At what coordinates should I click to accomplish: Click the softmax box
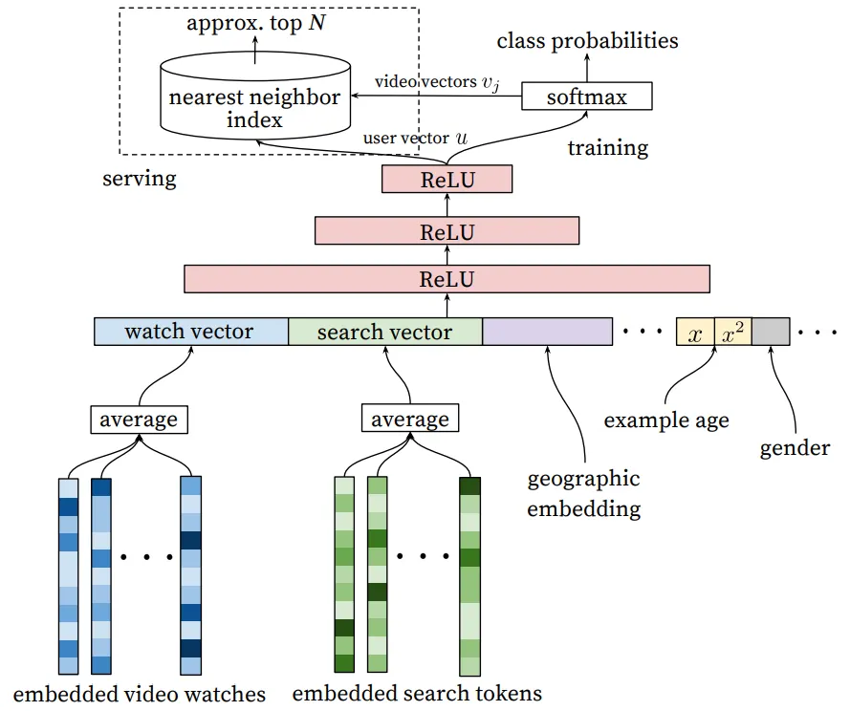pyautogui.click(x=587, y=97)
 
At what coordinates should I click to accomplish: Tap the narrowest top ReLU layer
pyautogui.click(x=447, y=179)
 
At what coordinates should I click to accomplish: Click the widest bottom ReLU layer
pyautogui.click(x=447, y=279)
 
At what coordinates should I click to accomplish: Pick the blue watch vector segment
pyautogui.click(x=190, y=332)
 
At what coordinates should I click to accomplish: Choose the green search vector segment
pyautogui.click(x=384, y=332)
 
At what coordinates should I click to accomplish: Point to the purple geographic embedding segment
pyautogui.click(x=547, y=332)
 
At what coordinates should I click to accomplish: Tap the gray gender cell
pyautogui.click(x=776, y=332)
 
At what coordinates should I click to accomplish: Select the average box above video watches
pyautogui.click(x=139, y=420)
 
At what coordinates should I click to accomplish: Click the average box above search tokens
pyautogui.click(x=409, y=420)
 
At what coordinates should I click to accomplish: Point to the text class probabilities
pyautogui.click(x=588, y=41)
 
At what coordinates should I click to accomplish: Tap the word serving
pyautogui.click(x=140, y=178)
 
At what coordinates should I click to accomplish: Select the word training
pyautogui.click(x=607, y=148)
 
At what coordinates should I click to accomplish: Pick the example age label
pyautogui.click(x=666, y=420)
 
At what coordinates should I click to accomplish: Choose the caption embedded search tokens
pyautogui.click(x=417, y=694)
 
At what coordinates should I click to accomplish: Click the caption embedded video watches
pyautogui.click(x=140, y=694)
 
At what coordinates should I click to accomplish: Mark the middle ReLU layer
pyautogui.click(x=447, y=230)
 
